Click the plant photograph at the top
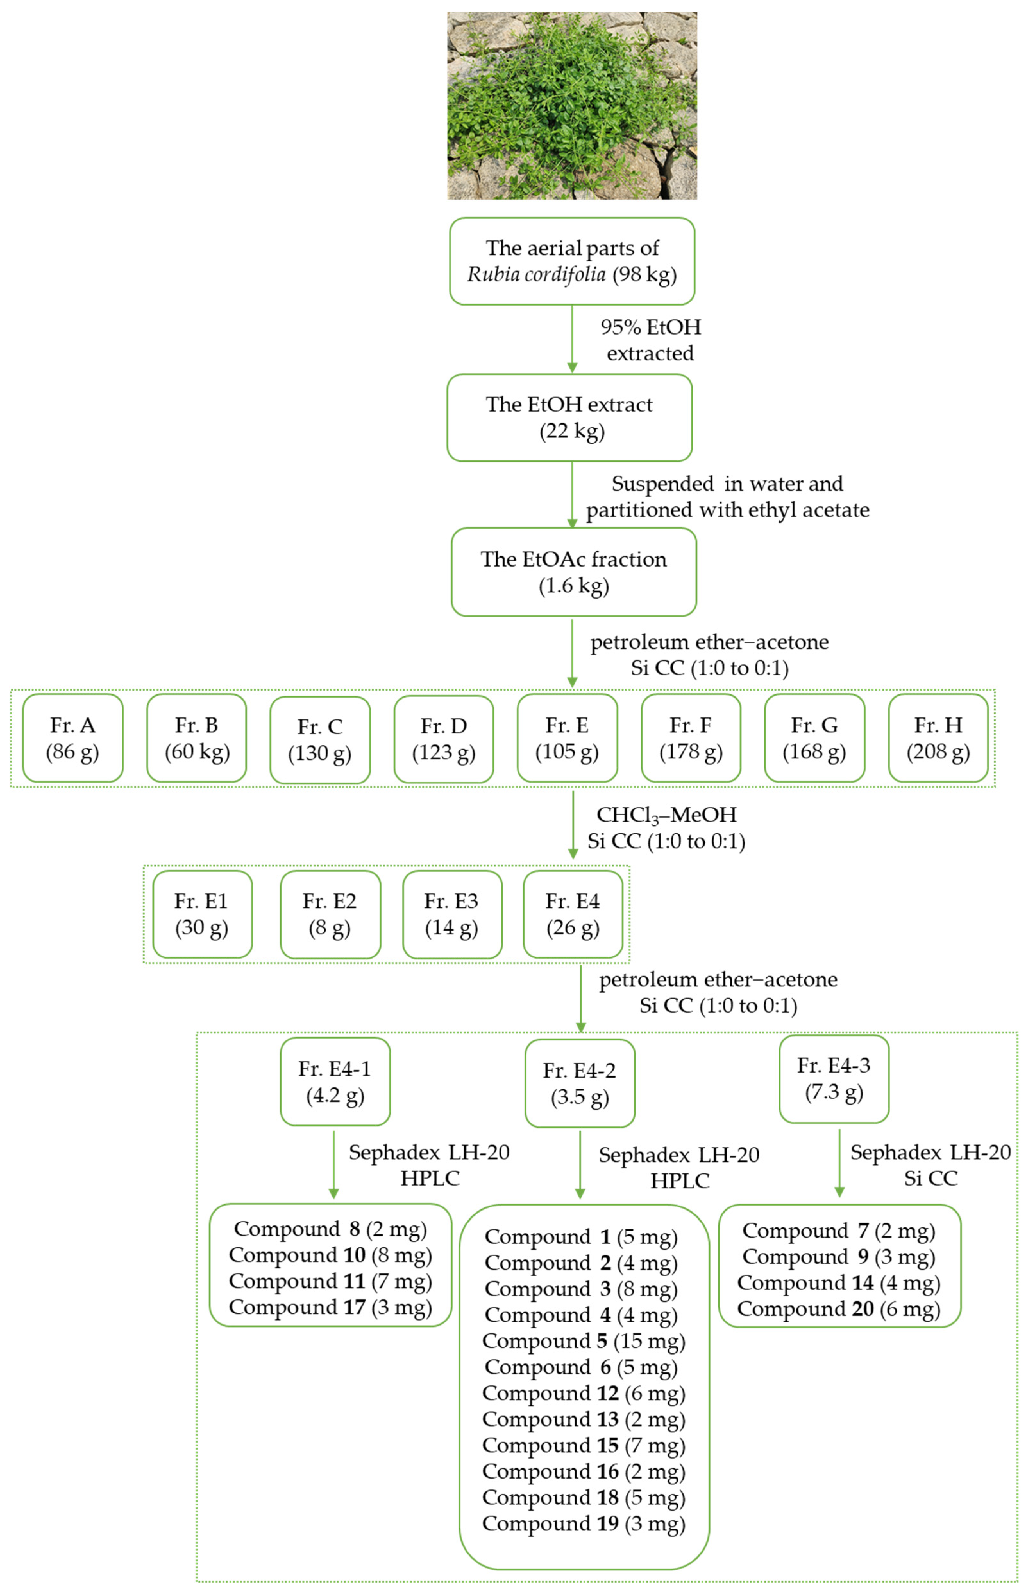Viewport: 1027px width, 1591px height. coord(571,105)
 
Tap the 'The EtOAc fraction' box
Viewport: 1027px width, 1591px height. coord(574,572)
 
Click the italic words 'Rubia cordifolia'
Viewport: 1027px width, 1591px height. coord(536,274)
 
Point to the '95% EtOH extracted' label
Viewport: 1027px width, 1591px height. coord(650,340)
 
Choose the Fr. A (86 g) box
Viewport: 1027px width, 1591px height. coord(73,738)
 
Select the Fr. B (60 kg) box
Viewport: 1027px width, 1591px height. coord(197,738)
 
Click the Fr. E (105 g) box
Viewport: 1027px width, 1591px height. coord(567,738)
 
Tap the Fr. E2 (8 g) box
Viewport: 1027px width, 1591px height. coord(330,914)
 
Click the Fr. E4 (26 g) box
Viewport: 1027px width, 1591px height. coord(573,914)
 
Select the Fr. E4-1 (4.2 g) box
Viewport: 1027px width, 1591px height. coord(335,1081)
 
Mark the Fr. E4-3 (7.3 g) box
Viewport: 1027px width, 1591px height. coord(834,1078)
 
